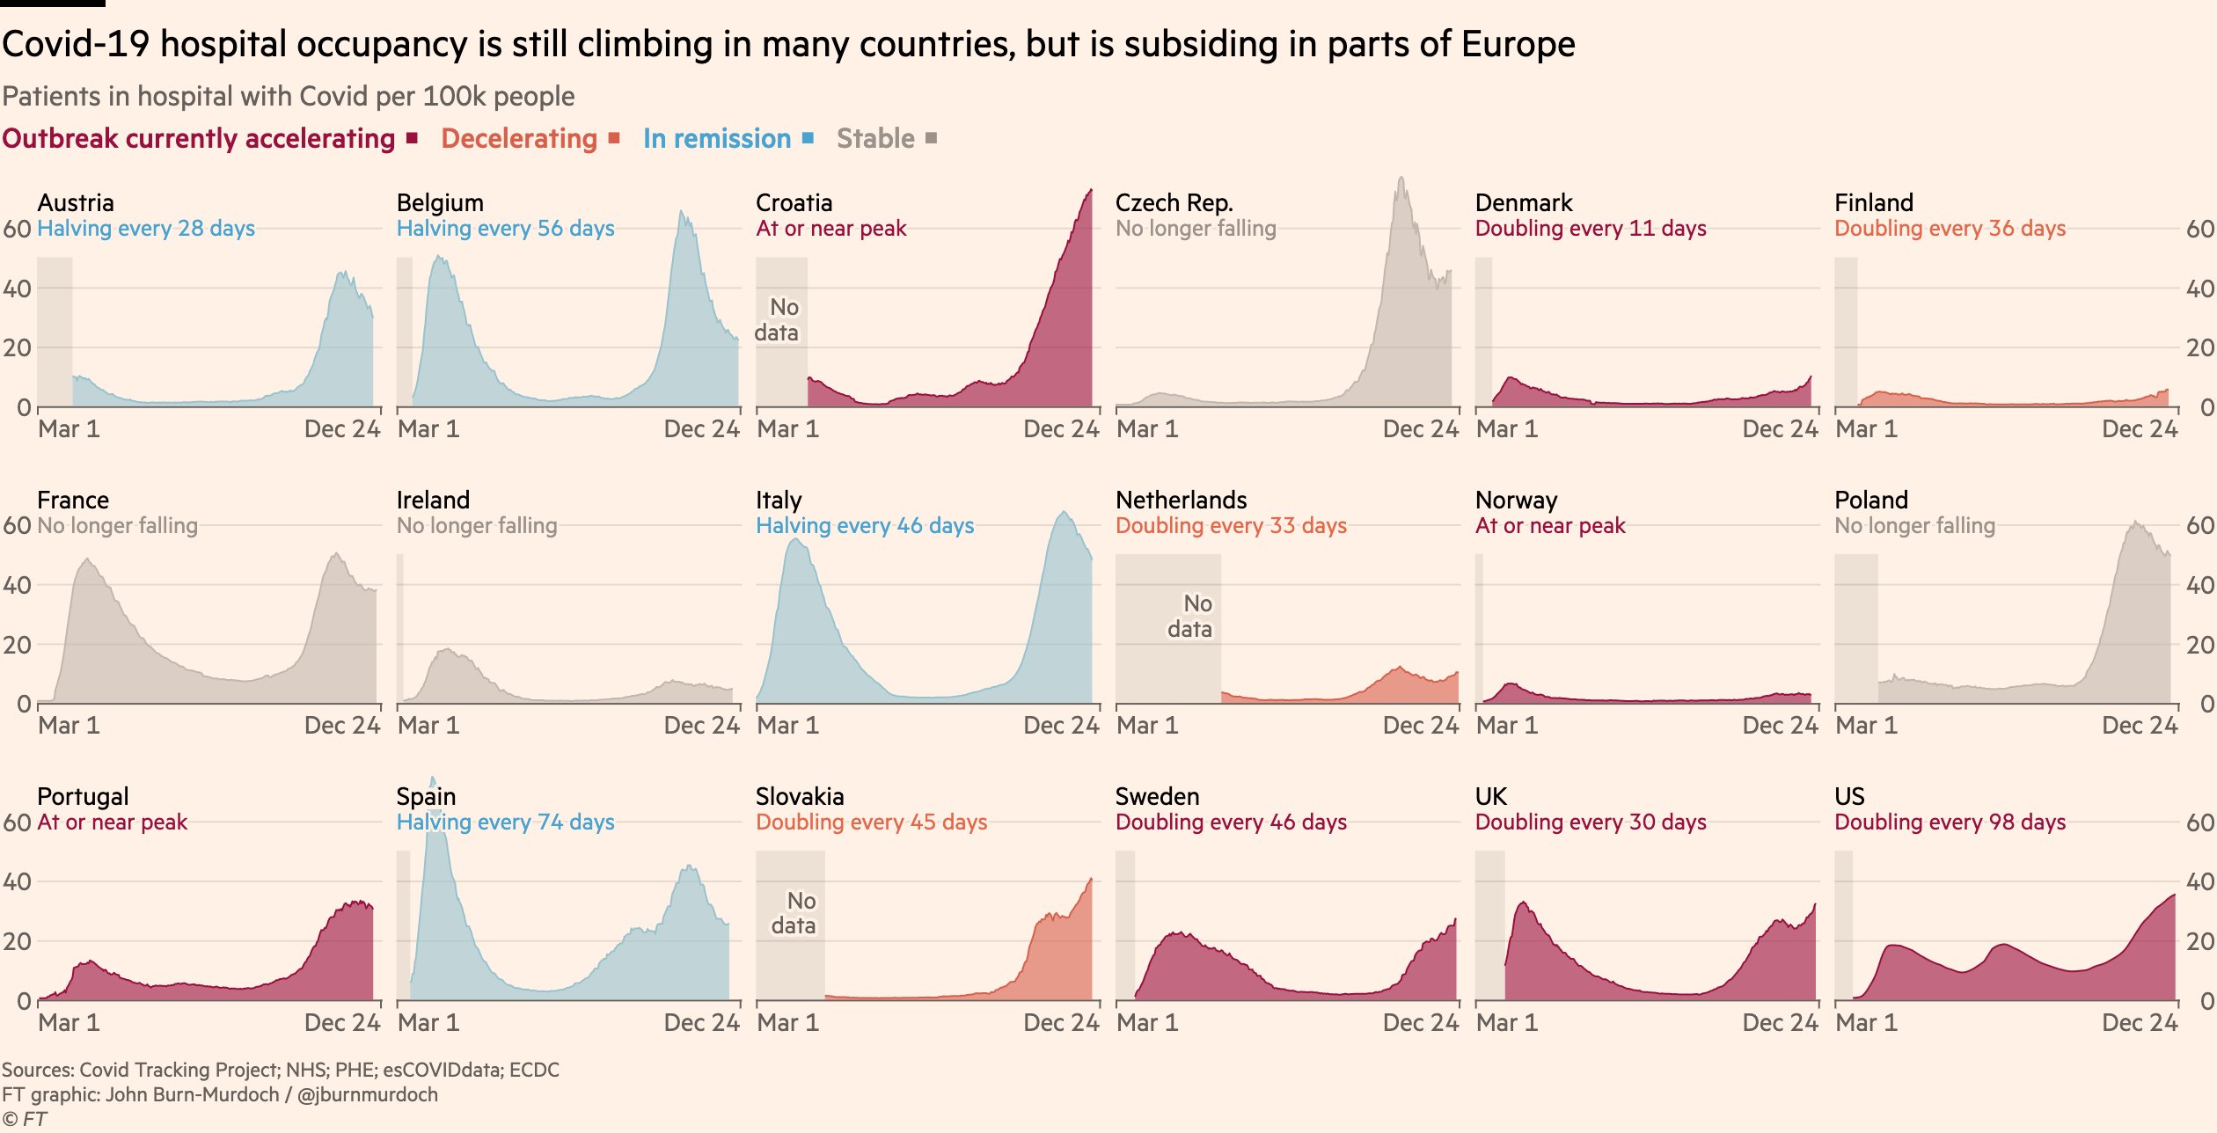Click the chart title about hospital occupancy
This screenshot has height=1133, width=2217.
click(788, 44)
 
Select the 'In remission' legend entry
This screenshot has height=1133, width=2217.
click(717, 139)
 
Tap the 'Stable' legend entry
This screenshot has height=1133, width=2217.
click(875, 139)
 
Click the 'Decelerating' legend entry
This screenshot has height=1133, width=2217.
click(519, 139)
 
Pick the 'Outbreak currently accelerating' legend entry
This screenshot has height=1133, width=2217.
click(199, 139)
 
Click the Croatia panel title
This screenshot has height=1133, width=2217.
click(794, 203)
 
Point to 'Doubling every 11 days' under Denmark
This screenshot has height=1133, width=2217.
click(1590, 229)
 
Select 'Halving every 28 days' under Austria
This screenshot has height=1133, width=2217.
click(146, 229)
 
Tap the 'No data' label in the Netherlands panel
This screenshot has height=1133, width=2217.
click(1190, 616)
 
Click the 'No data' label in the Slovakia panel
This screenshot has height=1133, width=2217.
click(794, 913)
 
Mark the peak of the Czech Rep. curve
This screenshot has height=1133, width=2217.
click(1401, 179)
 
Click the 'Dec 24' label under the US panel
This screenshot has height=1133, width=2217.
click(2139, 1022)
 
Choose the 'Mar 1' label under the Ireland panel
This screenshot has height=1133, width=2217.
click(428, 726)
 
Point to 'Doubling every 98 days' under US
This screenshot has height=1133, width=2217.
click(1950, 822)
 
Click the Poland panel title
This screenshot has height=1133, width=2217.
click(1870, 501)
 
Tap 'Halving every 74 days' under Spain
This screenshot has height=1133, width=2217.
click(505, 822)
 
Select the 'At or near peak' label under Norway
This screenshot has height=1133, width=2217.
click(1550, 526)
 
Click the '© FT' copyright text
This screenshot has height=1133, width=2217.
click(25, 1119)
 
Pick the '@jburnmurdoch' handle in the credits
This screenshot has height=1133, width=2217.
click(368, 1094)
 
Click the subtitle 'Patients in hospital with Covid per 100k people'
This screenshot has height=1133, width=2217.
click(289, 97)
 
